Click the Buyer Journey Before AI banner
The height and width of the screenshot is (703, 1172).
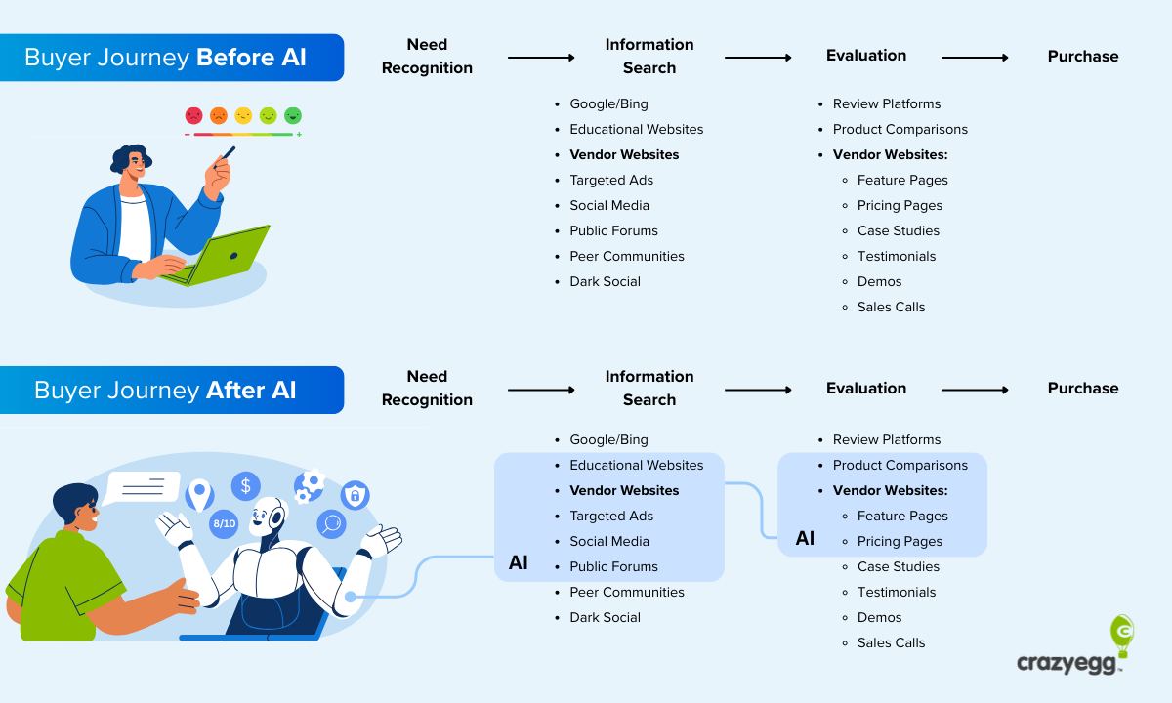click(166, 58)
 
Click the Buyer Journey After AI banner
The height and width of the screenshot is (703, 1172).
click(166, 391)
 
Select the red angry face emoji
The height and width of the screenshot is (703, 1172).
click(193, 116)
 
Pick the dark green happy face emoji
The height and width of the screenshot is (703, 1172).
click(293, 116)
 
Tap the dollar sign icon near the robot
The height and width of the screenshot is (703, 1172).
click(245, 485)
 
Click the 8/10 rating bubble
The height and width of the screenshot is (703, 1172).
click(224, 524)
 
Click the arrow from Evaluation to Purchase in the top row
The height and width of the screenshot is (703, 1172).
click(975, 58)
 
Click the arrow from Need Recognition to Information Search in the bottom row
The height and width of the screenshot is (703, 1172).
click(541, 390)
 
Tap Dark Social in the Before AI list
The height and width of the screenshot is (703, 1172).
click(605, 281)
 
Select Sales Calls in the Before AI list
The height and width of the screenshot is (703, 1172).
click(891, 307)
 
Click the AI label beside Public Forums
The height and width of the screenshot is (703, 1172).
click(519, 562)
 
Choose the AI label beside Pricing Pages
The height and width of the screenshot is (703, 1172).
click(805, 538)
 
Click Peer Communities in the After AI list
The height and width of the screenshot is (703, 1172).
click(626, 592)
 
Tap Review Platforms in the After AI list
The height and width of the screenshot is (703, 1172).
click(886, 439)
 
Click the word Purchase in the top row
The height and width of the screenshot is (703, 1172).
click(1082, 57)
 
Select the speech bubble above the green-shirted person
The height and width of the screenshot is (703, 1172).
click(144, 486)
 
